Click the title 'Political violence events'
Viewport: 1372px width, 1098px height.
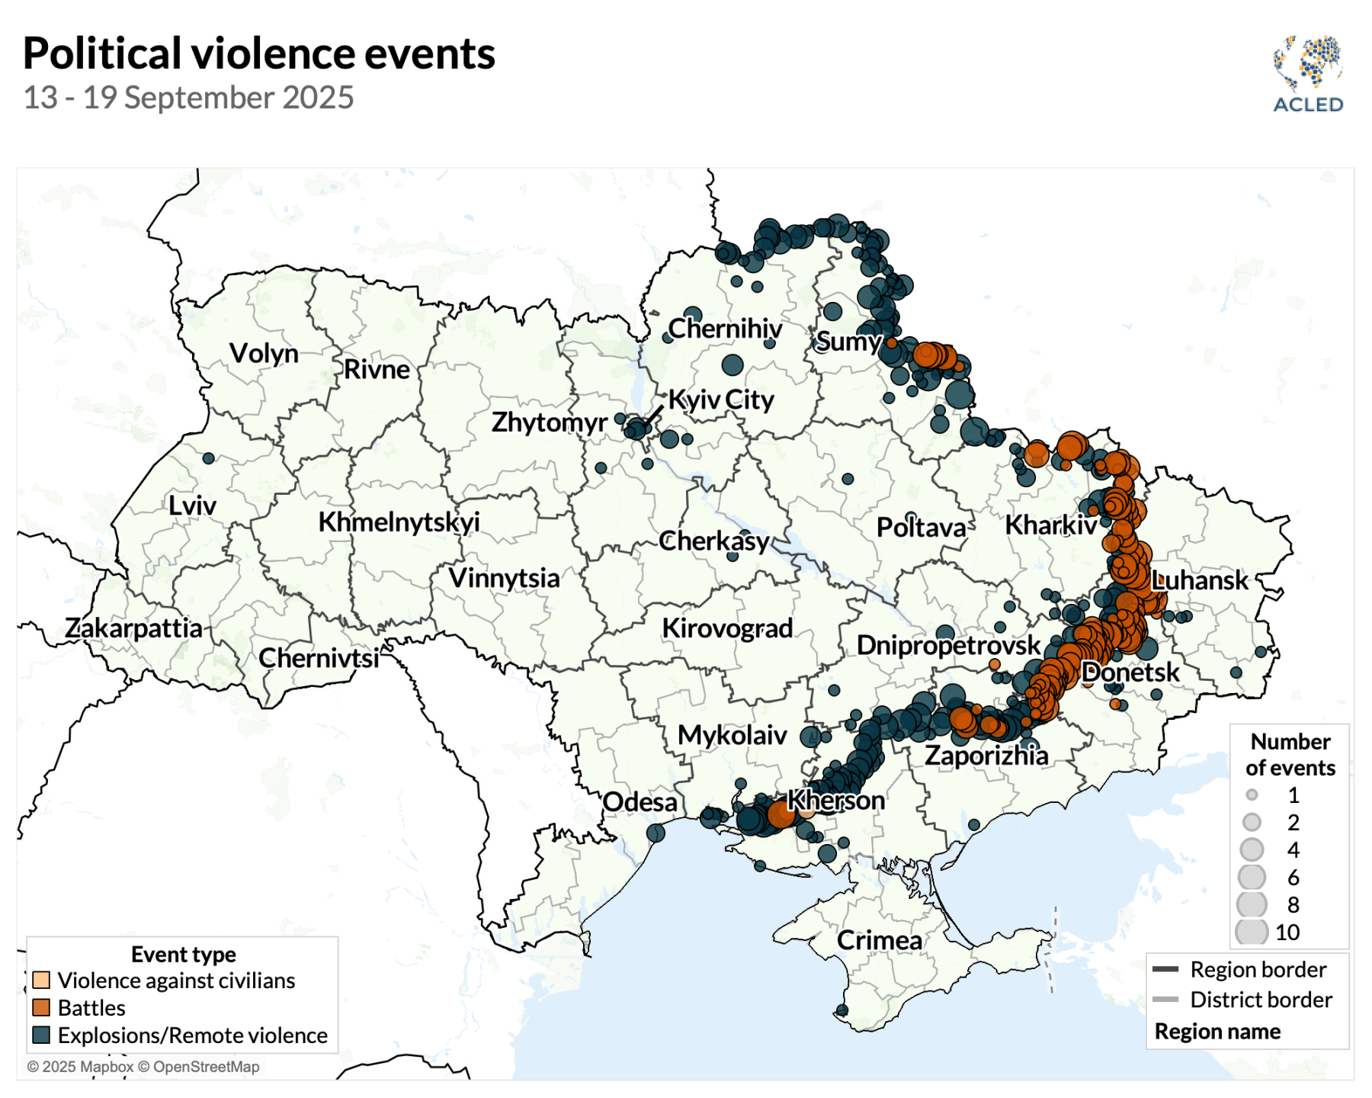258,53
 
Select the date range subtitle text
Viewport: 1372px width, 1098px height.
188,98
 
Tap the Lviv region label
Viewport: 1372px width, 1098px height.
192,506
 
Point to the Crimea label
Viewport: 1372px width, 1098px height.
879,940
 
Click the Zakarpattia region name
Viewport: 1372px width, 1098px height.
133,628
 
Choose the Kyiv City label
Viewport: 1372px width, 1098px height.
721,400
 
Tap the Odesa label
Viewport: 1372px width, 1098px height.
640,802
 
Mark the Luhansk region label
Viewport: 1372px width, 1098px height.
1199,580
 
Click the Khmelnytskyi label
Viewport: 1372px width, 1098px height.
399,522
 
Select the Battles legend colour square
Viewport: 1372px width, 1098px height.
41,1007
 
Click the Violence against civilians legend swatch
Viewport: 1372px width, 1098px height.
41,980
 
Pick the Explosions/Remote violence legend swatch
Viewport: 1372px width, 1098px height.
41,1035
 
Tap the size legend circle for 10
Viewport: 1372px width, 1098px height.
1251,932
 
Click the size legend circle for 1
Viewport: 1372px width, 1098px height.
1252,795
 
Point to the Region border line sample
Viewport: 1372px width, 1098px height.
1165,969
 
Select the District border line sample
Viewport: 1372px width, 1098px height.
1165,999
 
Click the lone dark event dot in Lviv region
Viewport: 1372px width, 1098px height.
208,458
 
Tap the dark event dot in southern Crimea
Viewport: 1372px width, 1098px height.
842,1010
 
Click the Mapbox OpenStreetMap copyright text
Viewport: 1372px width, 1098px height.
143,1067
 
